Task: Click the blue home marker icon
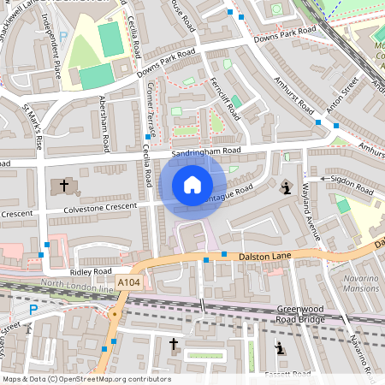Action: [192, 185]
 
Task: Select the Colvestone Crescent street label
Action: [100, 207]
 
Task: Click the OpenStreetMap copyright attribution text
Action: [86, 379]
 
